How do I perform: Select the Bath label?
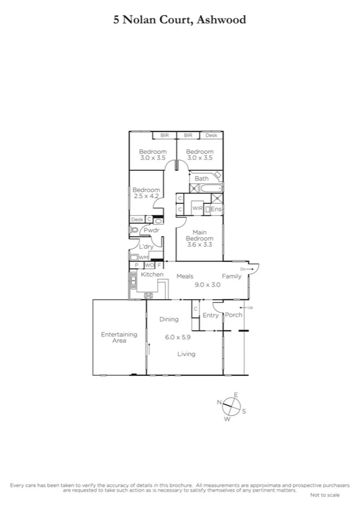pos(201,178)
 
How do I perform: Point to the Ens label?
pos(216,209)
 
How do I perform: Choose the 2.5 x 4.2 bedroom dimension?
pos(146,196)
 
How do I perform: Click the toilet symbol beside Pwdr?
pos(134,230)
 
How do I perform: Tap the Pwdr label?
pos(152,230)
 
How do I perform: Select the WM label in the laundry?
pos(144,257)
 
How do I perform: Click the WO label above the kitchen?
pos(149,265)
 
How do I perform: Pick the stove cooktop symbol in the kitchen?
pos(148,294)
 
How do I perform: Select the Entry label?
pos(211,315)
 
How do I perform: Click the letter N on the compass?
pos(220,402)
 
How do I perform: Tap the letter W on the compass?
pos(228,419)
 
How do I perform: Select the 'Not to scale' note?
pos(325,495)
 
